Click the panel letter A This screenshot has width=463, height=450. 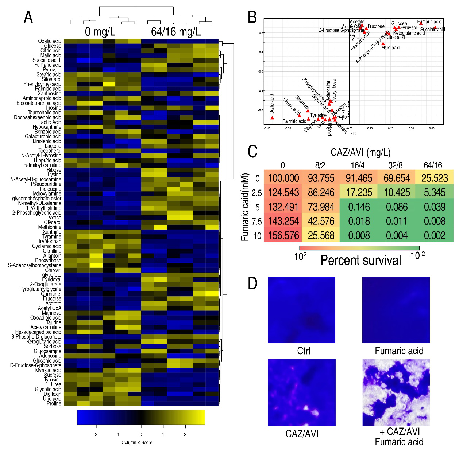pos(28,17)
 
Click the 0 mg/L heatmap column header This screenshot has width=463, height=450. pos(100,32)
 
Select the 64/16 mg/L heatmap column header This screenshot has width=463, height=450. pos(176,32)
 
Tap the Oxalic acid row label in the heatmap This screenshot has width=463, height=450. pos(50,41)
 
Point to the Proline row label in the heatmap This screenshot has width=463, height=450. pos(54,403)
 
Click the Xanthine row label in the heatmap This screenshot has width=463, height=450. pos(52,232)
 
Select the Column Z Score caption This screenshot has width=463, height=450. pos(137,442)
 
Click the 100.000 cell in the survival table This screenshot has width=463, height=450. pos(283,178)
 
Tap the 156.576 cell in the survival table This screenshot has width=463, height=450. pos(283,236)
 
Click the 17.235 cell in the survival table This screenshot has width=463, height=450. pos(359,192)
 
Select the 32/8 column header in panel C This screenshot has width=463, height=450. pos(395,165)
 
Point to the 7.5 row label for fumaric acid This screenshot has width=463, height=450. pos(257,222)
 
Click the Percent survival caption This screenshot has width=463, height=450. pos(360,260)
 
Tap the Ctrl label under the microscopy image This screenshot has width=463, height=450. pos(304,351)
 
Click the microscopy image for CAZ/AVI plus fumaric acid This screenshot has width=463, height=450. pos(396,392)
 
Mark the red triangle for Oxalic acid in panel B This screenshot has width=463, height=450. pos(272,118)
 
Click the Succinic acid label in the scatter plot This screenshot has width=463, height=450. pos(432,30)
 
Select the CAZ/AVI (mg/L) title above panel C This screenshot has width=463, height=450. pos(360,152)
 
